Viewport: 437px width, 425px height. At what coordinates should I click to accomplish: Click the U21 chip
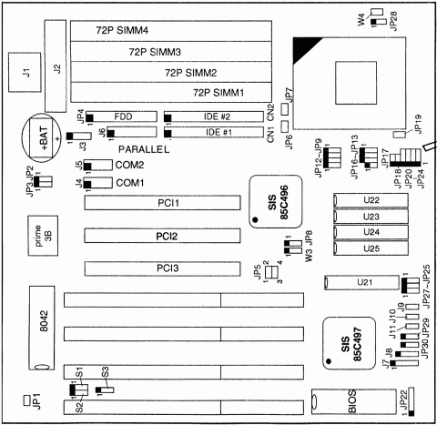pos(364,283)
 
